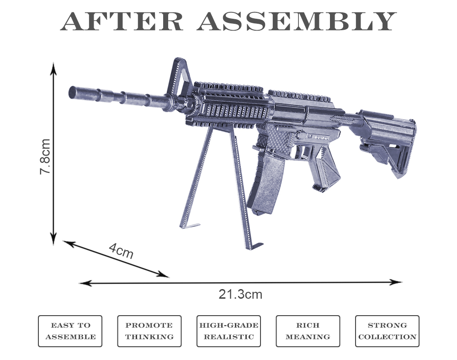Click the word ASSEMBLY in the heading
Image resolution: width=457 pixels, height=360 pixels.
[x=297, y=21]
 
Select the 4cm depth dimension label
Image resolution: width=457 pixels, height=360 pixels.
[x=121, y=250]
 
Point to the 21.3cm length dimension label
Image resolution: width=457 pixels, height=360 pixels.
[x=240, y=294]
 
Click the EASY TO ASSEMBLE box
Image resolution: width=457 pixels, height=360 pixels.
[x=70, y=331]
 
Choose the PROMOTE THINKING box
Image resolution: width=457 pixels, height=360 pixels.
[x=149, y=331]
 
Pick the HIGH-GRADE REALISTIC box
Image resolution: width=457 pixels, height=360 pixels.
[x=228, y=331]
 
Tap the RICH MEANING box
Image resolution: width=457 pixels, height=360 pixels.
[x=308, y=331]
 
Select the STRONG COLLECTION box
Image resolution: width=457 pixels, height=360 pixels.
[x=387, y=331]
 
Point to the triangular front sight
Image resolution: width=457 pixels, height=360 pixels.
[x=180, y=75]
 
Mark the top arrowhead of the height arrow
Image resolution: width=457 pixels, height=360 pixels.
[x=53, y=68]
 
